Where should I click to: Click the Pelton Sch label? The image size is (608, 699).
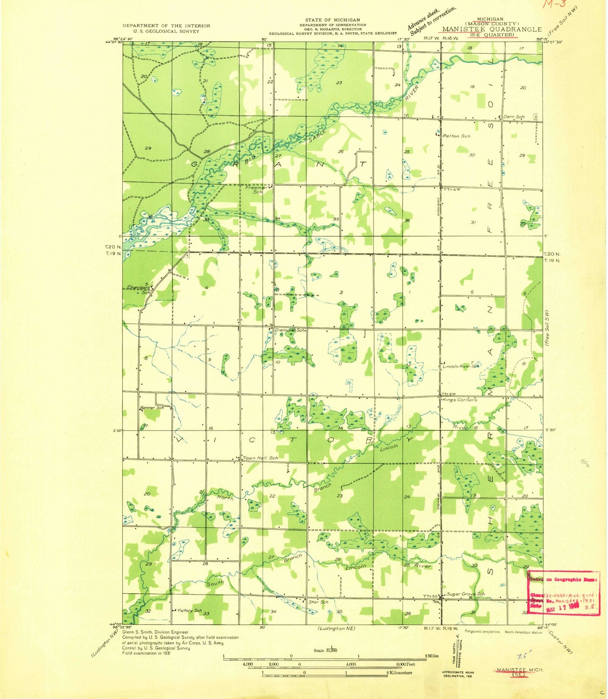[x=456, y=136]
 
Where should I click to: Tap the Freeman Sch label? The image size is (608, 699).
[x=257, y=189]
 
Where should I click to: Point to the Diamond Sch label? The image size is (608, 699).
[x=289, y=330]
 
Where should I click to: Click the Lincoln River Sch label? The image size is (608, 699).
[x=461, y=366]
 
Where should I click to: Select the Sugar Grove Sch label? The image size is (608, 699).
[x=465, y=594]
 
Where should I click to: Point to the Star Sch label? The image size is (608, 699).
[x=318, y=602]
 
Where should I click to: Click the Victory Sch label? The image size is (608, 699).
[x=189, y=610]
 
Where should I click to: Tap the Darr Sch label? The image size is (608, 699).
[x=514, y=117]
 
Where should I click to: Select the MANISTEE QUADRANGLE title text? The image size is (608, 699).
[x=491, y=29]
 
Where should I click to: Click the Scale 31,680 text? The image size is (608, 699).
[x=325, y=651]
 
